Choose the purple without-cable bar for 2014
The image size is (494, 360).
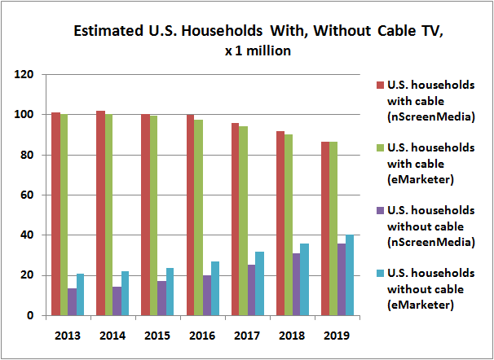pos(117,301)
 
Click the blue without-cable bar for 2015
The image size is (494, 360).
pos(170,292)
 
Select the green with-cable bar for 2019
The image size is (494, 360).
pos(333,228)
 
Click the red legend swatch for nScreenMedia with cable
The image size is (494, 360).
pos(379,86)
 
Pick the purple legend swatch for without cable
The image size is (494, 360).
pos(379,211)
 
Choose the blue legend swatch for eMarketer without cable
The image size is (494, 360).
pos(379,273)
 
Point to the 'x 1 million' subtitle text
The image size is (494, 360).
pos(246,50)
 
